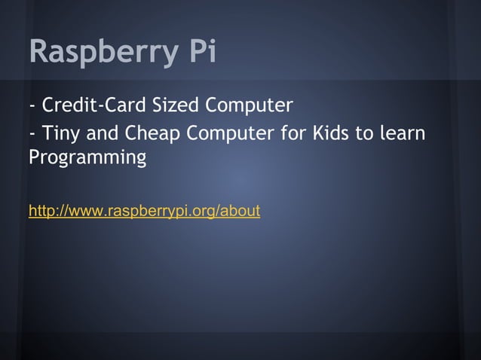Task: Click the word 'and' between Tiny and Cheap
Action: point(102,134)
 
